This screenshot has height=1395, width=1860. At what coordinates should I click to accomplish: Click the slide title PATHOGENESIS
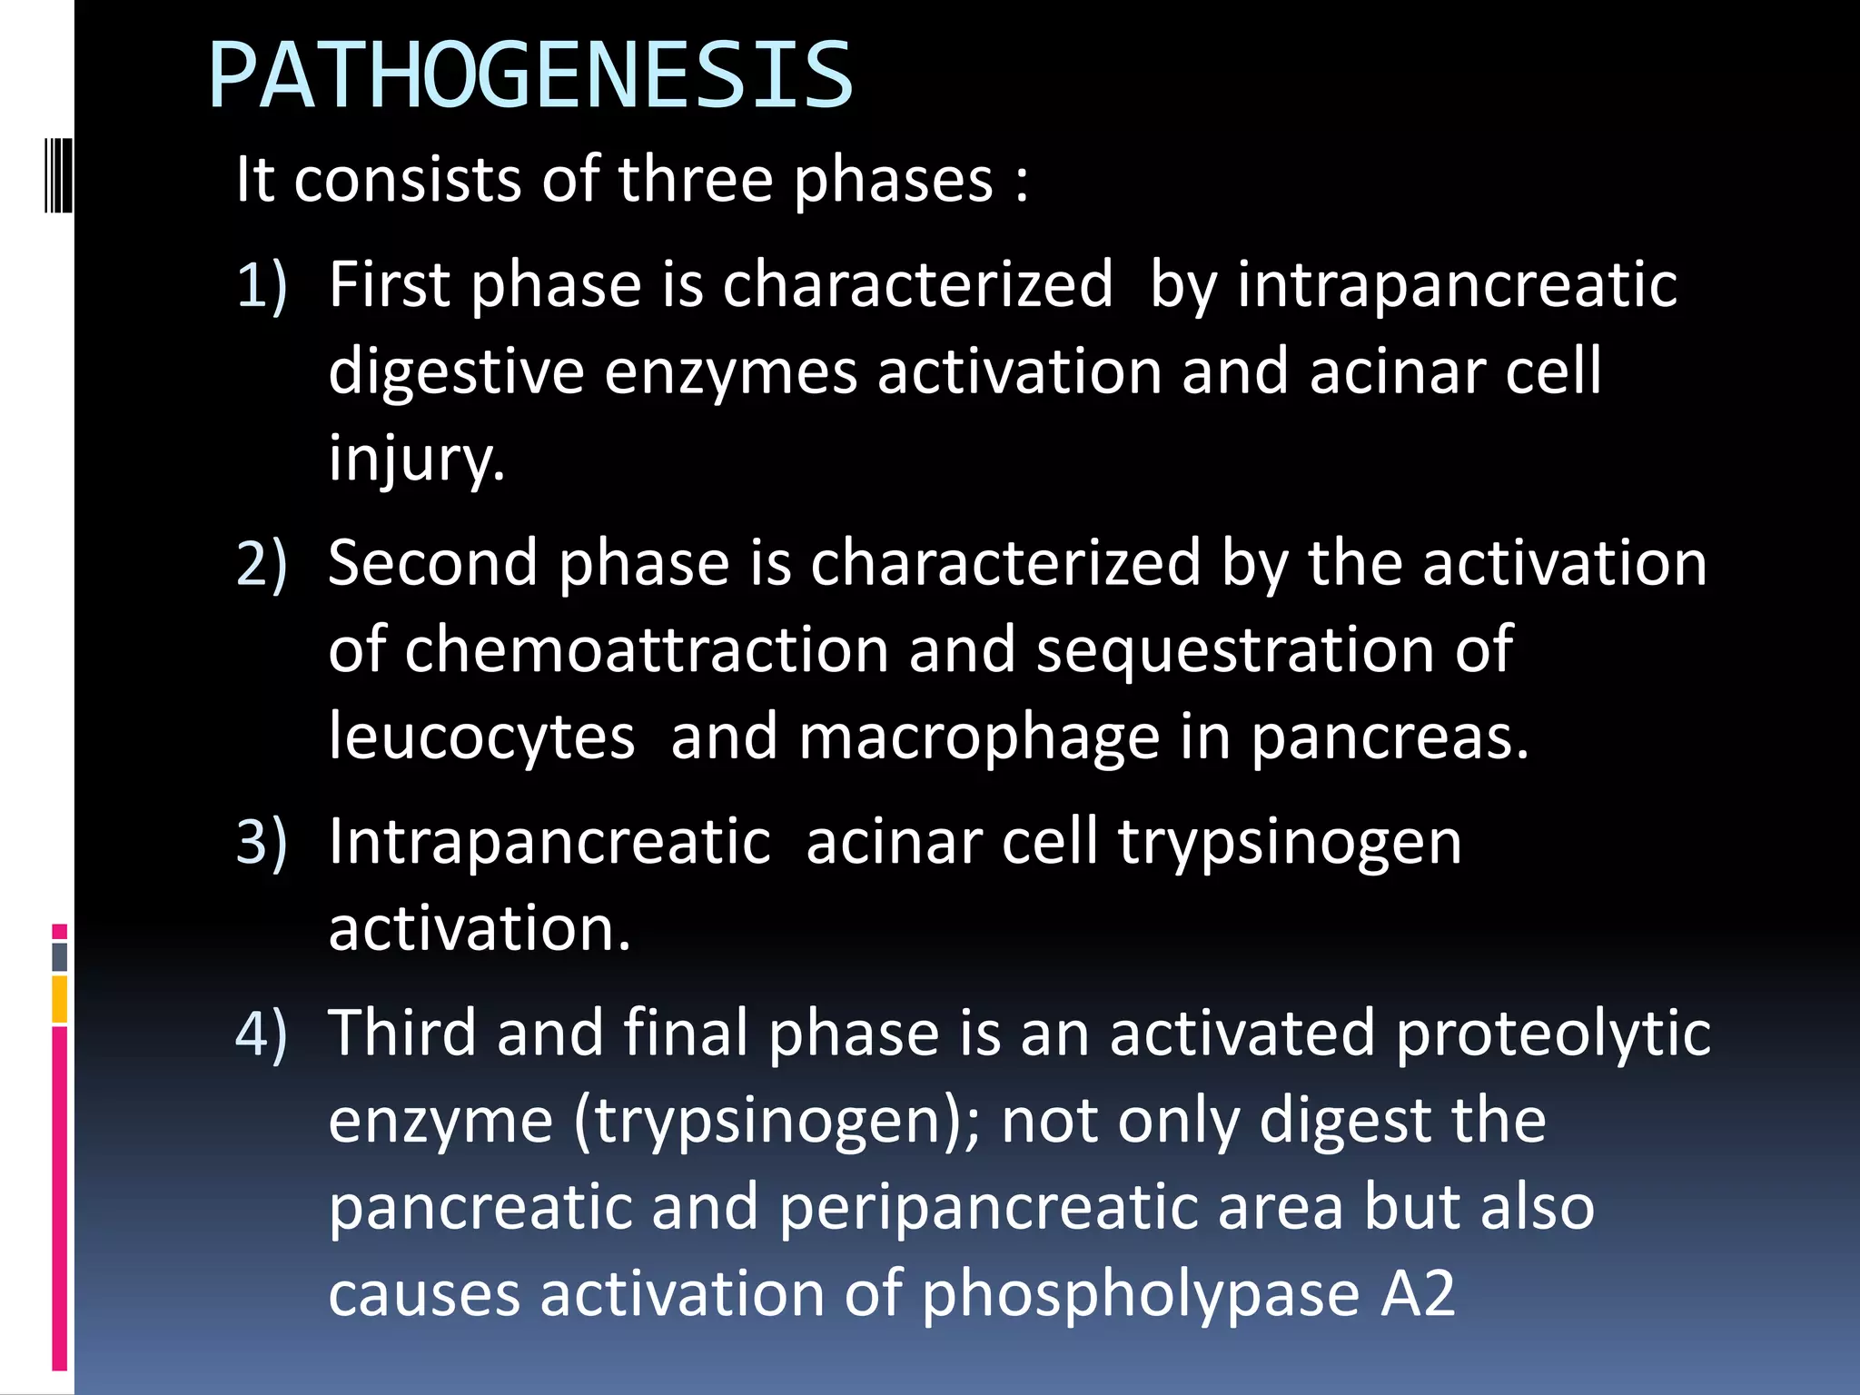coord(530,76)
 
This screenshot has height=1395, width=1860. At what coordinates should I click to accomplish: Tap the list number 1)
coord(262,285)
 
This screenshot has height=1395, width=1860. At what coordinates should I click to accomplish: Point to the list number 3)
coord(262,842)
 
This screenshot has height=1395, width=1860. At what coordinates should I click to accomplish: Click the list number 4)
coord(262,1034)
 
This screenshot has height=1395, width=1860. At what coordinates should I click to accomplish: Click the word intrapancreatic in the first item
coord(1457,285)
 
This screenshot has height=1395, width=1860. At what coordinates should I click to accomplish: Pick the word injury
coord(416,460)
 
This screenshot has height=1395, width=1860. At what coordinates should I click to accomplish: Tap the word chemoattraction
coord(647,650)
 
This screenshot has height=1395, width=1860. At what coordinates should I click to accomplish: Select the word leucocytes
coord(481,737)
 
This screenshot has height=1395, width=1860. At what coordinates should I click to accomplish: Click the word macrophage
coord(979,737)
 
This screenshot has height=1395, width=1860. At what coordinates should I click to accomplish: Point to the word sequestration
coord(1235,650)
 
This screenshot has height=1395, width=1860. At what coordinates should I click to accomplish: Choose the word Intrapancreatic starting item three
coord(549,842)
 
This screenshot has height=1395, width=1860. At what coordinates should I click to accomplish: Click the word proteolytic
coord(1553,1034)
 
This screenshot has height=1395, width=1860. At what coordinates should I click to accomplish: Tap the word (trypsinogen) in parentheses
coord(777,1121)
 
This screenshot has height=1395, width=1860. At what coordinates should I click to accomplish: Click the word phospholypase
coord(1140,1293)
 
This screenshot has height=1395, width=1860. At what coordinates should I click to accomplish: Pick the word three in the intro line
coord(696,179)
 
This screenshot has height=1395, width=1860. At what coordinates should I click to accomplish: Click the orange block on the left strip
coord(60,999)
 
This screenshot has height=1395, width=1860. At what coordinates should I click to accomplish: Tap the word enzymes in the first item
coord(730,372)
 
